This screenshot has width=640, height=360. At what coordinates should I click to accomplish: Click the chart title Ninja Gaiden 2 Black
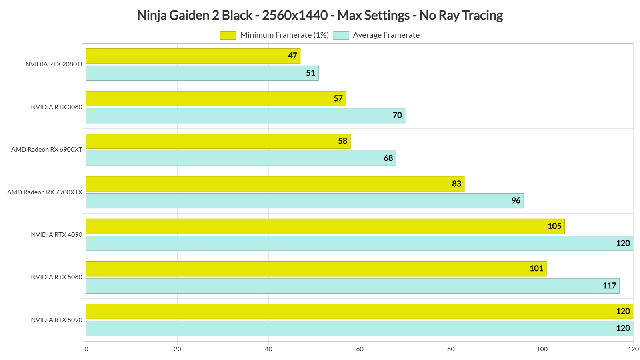pos(320,15)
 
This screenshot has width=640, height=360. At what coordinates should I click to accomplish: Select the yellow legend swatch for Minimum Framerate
pos(228,35)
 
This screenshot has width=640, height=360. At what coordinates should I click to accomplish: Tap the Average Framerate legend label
pos(386,35)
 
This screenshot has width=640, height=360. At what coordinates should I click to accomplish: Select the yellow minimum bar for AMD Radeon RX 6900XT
pos(218,141)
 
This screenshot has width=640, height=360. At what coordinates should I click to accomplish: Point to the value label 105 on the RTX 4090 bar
pos(554,226)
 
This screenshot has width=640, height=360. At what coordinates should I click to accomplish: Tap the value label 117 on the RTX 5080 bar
pos(609,286)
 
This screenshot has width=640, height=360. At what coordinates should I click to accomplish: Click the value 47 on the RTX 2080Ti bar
pos(292,56)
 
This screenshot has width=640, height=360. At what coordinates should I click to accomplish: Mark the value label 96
pos(516,201)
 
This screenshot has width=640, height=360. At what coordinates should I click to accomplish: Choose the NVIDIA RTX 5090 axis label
pos(56,320)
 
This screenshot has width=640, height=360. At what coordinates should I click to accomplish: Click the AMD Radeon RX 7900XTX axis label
pos(45,192)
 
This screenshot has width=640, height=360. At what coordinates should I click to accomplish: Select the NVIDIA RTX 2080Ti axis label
pos(54,64)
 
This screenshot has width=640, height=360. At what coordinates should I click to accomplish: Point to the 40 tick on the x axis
pos(268,349)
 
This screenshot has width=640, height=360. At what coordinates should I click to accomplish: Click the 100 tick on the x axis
pos(542,349)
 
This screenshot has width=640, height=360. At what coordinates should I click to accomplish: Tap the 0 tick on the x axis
pos(86,349)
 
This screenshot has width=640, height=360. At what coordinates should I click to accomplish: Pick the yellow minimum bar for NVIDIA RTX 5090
pos(360,312)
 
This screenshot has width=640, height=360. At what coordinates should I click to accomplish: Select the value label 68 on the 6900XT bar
pos(388,158)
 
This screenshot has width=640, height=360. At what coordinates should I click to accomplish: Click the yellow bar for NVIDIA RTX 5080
pos(316,269)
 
